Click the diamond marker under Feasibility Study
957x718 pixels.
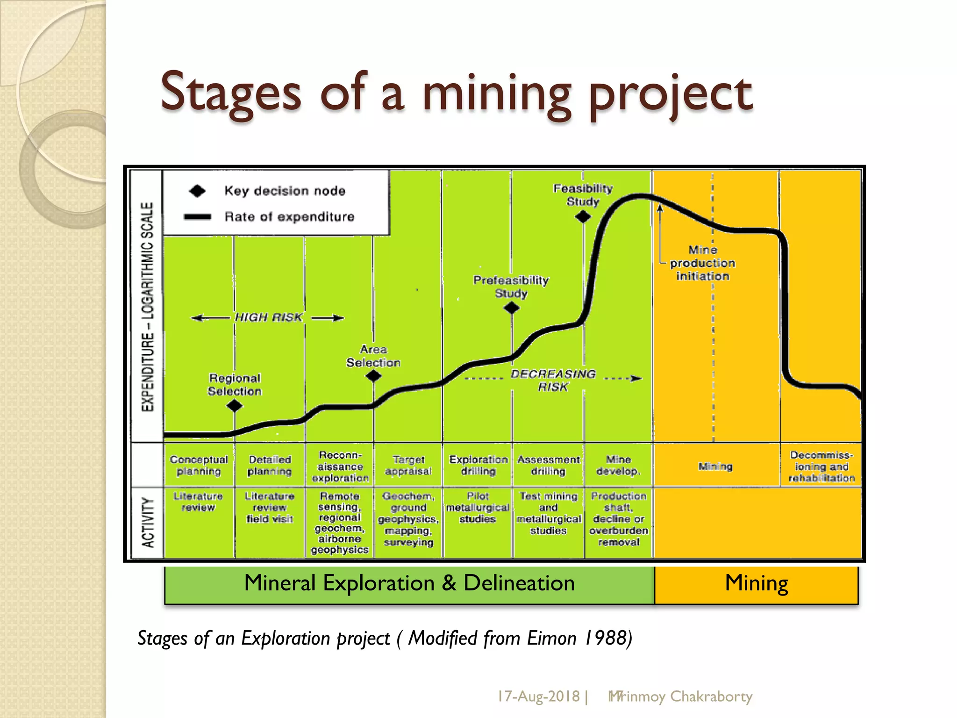[583, 217]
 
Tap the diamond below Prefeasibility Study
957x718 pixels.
[512, 308]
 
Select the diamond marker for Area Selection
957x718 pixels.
[373, 376]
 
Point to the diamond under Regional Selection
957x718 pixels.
[235, 406]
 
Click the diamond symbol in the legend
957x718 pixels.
[197, 191]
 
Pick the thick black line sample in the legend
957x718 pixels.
[197, 217]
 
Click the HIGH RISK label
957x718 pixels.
[268, 318]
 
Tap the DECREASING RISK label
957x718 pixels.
[553, 380]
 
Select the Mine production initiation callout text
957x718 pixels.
[702, 263]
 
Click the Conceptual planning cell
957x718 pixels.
[199, 465]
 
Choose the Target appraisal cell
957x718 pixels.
[408, 465]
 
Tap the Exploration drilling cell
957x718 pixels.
[478, 465]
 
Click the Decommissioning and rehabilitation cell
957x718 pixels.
[821, 466]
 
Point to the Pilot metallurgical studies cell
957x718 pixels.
[478, 508]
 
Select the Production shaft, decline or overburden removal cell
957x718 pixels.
[619, 519]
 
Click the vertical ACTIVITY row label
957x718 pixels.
[148, 523]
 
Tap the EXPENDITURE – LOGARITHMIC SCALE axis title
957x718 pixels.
[148, 307]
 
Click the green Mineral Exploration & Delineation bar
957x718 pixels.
[409, 584]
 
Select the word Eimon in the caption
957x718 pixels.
[552, 638]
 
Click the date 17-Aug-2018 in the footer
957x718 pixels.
[538, 696]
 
